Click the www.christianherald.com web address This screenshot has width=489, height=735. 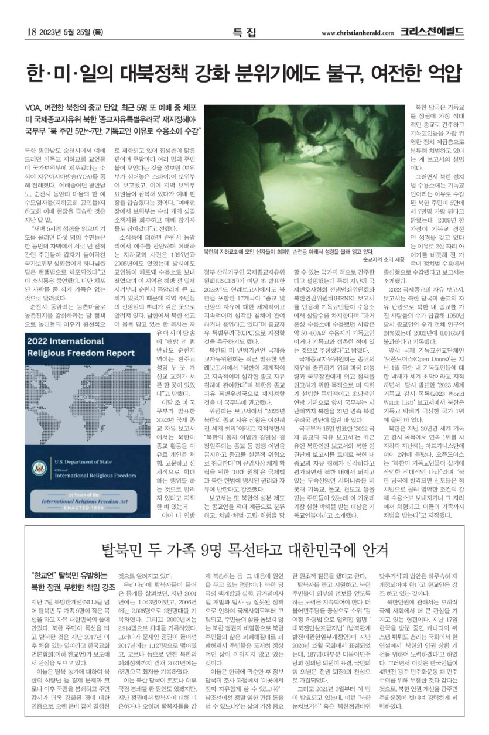[355, 33]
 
